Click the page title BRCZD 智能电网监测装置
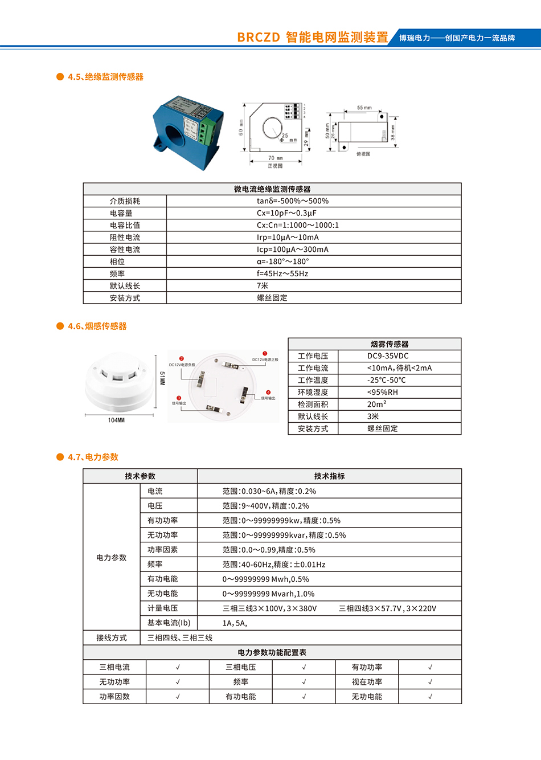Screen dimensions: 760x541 click(312, 38)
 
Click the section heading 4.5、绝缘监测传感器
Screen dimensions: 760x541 click(105, 77)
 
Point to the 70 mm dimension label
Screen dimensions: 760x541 click(275, 158)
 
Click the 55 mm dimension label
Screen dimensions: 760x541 click(364, 108)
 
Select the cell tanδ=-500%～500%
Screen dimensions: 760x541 click(292, 201)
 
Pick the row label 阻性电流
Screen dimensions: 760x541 click(125, 238)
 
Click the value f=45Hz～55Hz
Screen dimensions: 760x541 click(282, 273)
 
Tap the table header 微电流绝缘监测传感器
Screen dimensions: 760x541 click(272, 189)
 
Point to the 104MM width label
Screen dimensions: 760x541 click(116, 420)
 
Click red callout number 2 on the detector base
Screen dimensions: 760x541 click(182, 359)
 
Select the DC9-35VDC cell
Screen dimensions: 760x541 click(388, 356)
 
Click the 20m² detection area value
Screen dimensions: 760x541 click(376, 404)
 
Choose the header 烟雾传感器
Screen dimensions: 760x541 click(390, 344)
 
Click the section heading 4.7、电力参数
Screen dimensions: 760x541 click(93, 457)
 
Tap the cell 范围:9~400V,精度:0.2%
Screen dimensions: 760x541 click(265, 506)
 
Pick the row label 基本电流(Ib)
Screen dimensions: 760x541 click(169, 623)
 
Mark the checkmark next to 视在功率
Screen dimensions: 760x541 click(430, 682)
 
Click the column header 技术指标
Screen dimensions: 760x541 click(329, 476)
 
